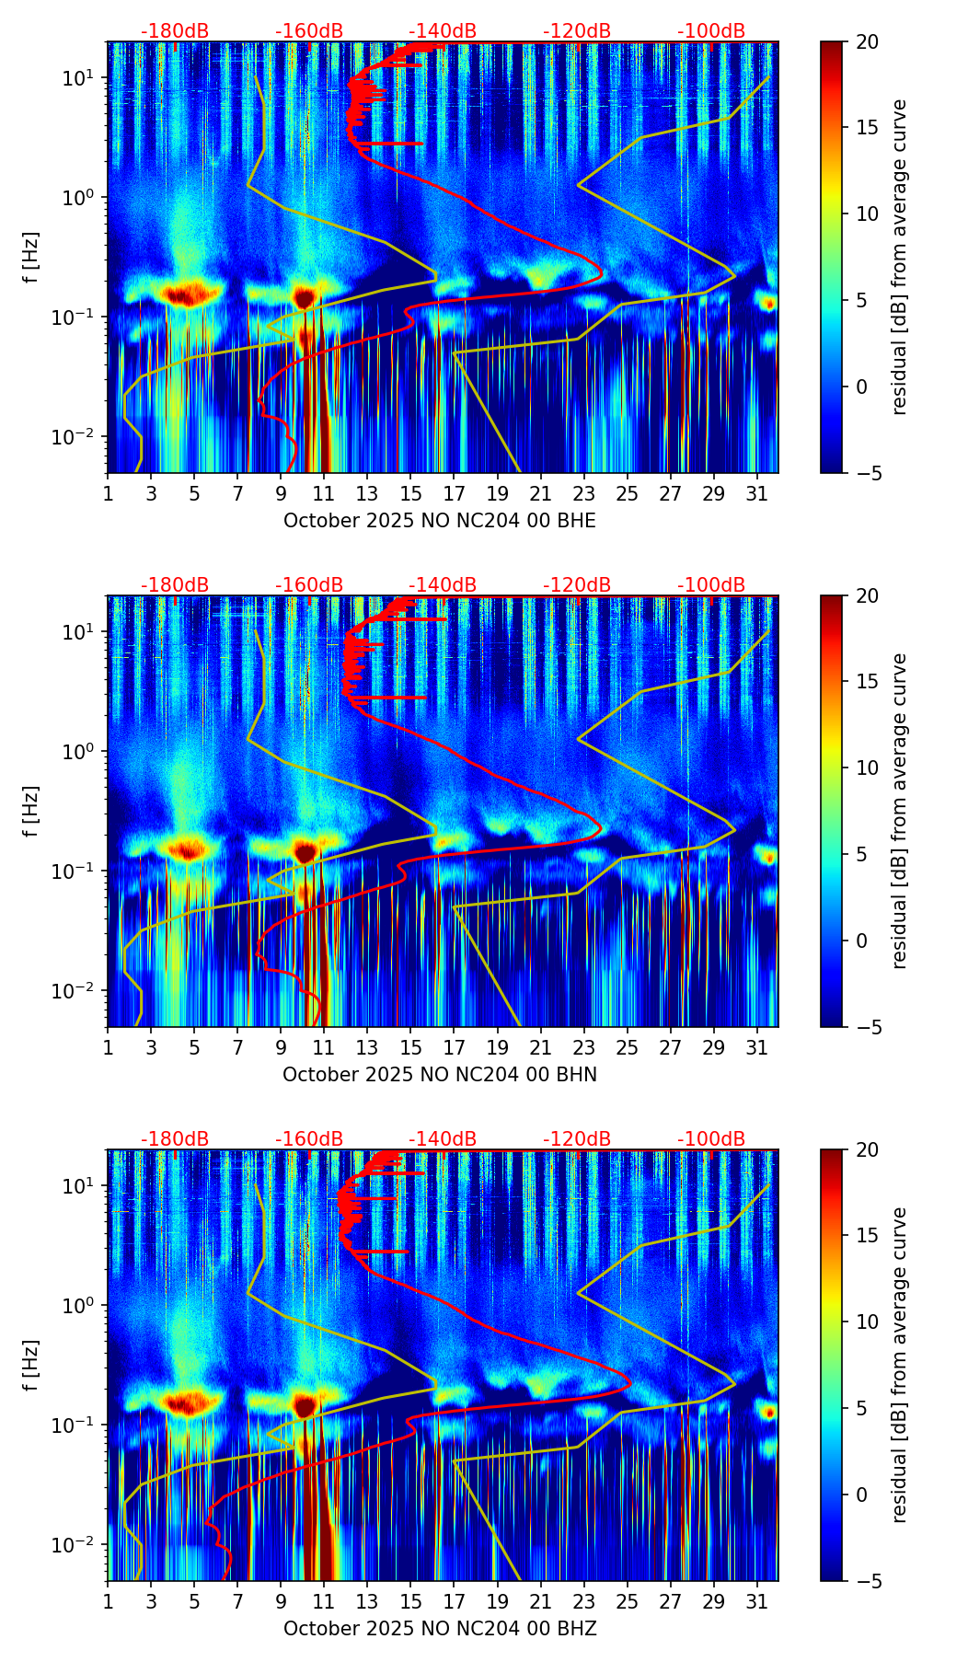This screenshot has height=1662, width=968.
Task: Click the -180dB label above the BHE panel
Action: tap(175, 31)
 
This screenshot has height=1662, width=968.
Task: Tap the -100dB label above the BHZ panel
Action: tap(711, 1139)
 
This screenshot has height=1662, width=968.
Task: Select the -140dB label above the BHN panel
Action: tap(443, 585)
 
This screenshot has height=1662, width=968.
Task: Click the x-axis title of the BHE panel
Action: tap(440, 521)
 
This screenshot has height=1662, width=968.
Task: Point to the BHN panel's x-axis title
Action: tap(440, 1075)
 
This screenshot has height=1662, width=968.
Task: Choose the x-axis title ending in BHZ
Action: tap(440, 1629)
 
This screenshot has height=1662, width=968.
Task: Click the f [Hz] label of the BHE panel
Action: tap(31, 258)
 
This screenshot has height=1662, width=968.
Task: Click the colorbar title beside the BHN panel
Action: tap(900, 811)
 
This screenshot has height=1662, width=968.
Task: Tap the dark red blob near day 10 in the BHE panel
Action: tap(304, 296)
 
